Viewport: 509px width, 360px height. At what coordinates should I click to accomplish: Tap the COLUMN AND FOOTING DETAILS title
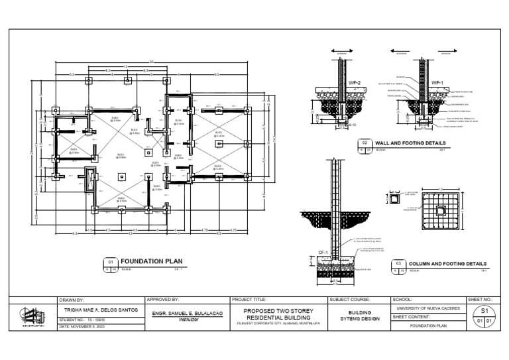click(447, 263)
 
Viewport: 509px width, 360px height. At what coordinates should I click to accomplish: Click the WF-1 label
click(437, 82)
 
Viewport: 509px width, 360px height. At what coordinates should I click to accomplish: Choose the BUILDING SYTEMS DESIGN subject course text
click(359, 315)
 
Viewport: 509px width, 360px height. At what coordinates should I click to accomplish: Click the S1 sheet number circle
click(484, 310)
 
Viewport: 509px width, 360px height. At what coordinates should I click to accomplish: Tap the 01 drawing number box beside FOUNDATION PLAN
click(111, 263)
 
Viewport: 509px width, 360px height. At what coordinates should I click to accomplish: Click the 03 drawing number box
click(399, 264)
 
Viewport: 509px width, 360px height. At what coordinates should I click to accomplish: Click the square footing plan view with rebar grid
click(440, 210)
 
